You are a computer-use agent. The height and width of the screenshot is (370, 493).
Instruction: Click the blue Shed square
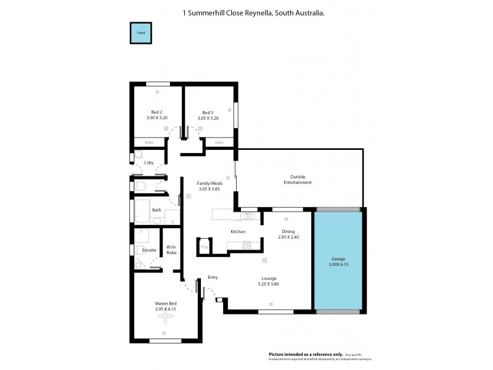coord(140,33)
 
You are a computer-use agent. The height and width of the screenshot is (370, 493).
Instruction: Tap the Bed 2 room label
coord(157,112)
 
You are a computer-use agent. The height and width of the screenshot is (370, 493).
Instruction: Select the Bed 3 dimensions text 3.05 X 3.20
coord(210,118)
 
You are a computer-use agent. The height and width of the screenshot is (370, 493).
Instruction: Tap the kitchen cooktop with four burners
coord(247,245)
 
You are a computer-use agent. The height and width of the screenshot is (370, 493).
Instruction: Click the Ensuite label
coord(149,250)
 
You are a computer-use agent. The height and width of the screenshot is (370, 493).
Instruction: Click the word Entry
coord(213,277)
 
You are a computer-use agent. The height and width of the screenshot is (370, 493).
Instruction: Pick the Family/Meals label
coord(209,184)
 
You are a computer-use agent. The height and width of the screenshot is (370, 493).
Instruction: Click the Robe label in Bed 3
coord(219,142)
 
